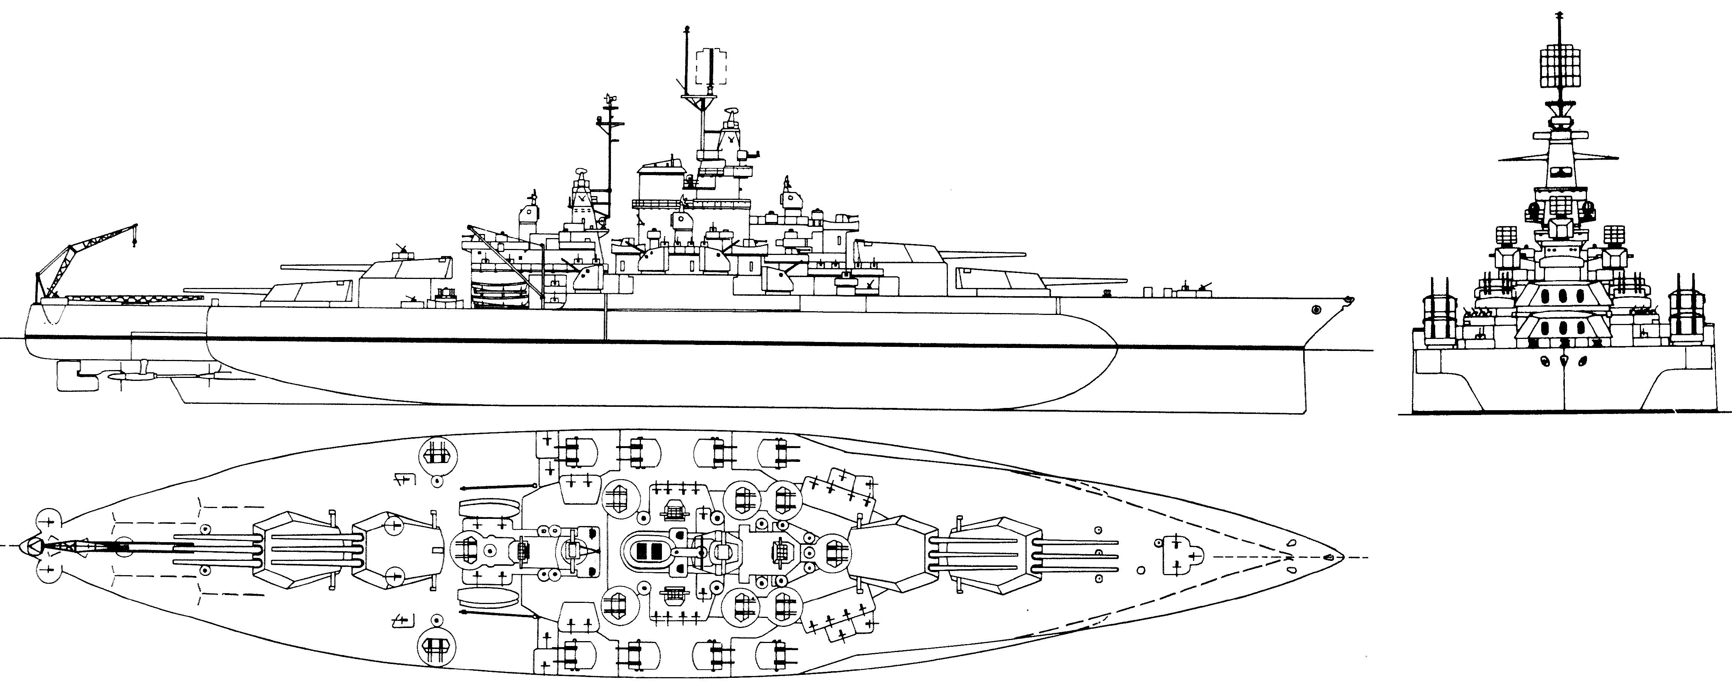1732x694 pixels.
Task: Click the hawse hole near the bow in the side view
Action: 1316,309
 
